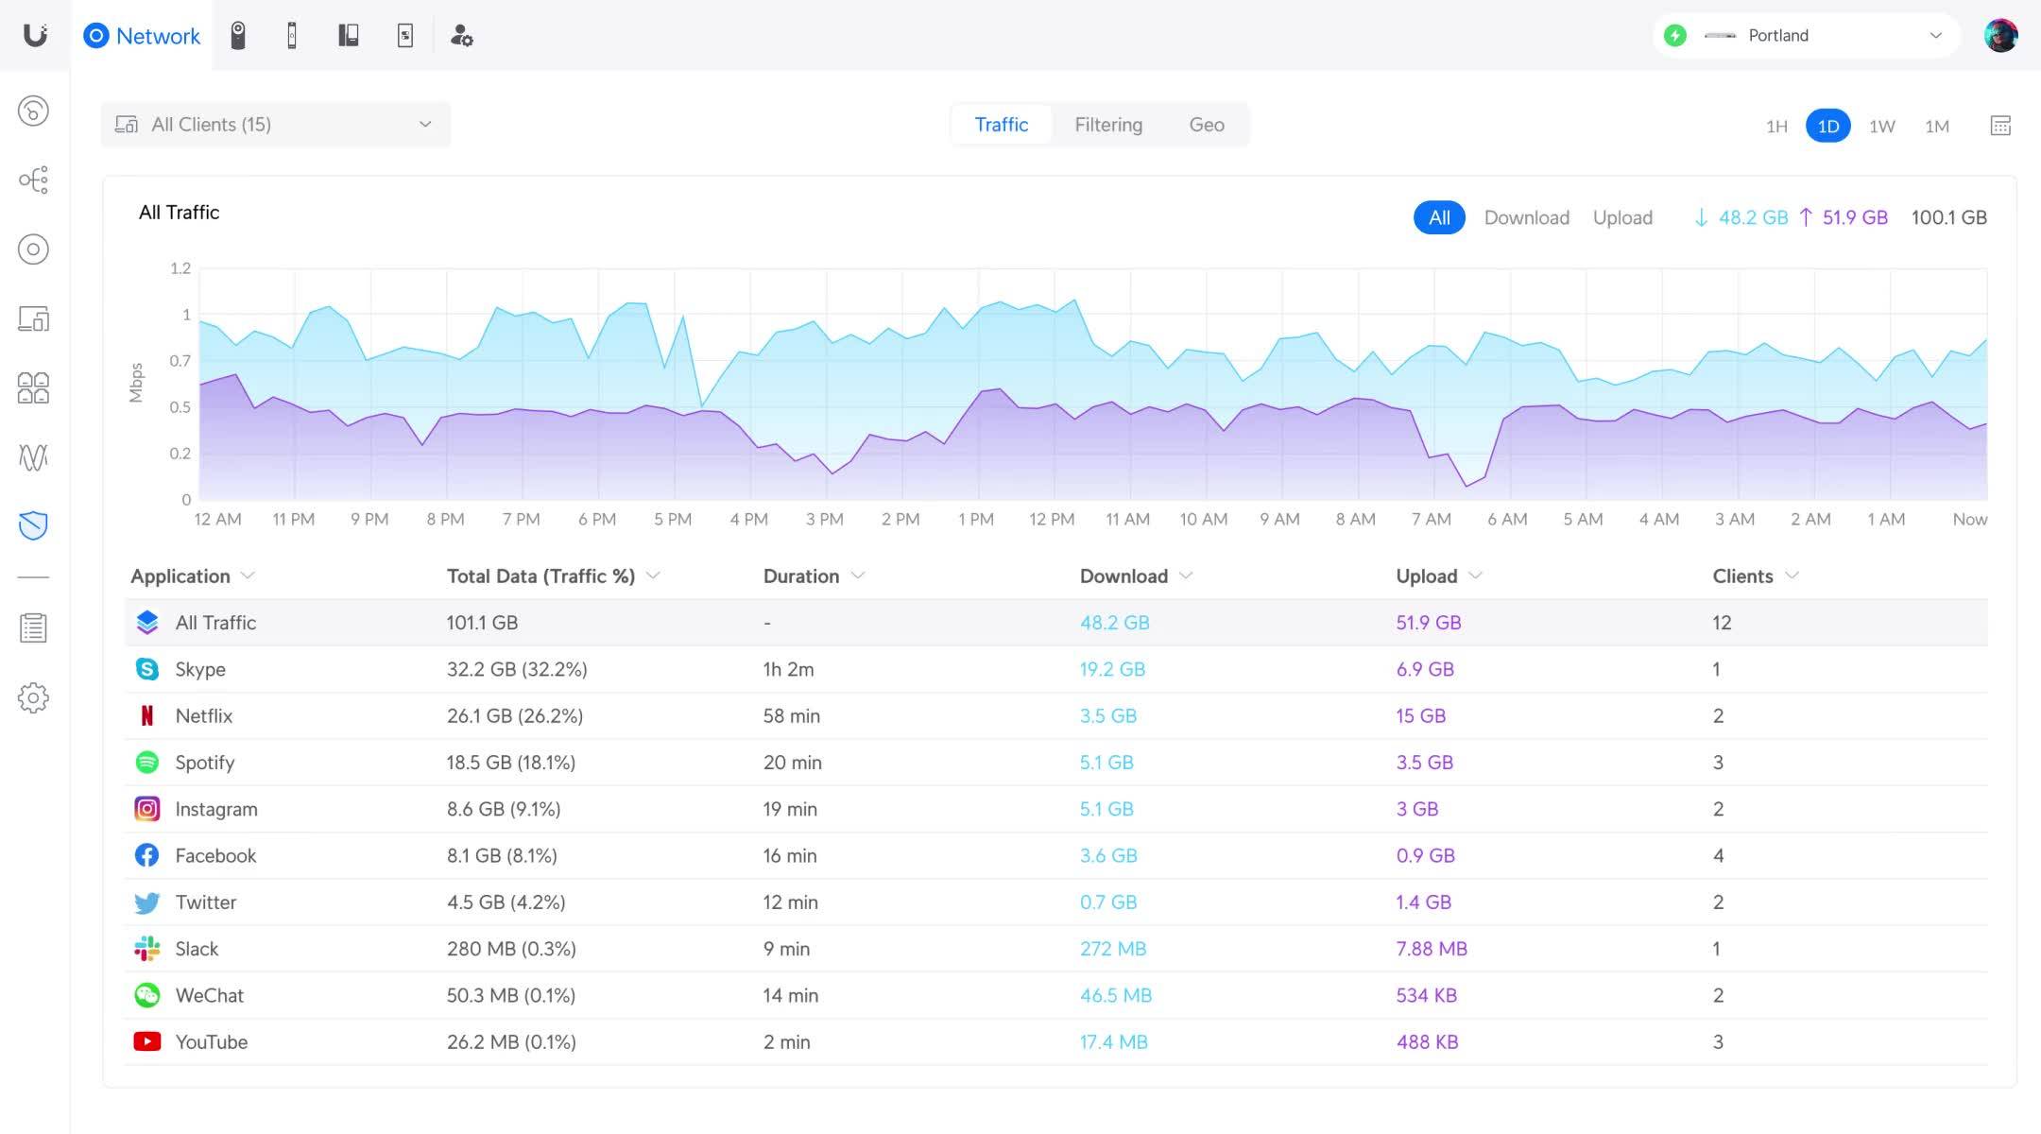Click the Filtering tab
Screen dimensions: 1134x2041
[x=1107, y=125]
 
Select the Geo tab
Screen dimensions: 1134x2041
[x=1206, y=125]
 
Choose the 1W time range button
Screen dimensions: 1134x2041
[x=1881, y=126]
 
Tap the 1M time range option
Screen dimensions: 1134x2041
[x=1936, y=126]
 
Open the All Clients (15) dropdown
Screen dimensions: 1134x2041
[x=275, y=125]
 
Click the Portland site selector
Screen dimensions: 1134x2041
[x=1806, y=36]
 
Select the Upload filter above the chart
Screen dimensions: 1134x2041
[x=1621, y=217]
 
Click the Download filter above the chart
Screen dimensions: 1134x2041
[x=1526, y=217]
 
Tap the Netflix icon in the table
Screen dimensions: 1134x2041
[x=146, y=715]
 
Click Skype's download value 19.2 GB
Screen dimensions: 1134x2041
[x=1112, y=669]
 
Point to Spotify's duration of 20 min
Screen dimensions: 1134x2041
[x=792, y=763]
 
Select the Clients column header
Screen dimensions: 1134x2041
[x=1742, y=576]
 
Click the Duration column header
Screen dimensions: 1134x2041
[x=801, y=576]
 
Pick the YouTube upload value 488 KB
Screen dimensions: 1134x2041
[x=1427, y=1041]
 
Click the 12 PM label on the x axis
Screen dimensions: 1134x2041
[x=1051, y=519]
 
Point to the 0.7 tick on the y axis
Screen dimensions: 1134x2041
[x=180, y=361]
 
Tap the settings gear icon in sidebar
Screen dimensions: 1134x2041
[x=33, y=697]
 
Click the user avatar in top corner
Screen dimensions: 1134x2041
[x=1999, y=36]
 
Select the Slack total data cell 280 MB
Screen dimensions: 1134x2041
[x=510, y=949]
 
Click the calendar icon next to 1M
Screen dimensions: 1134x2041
[x=1999, y=126]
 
